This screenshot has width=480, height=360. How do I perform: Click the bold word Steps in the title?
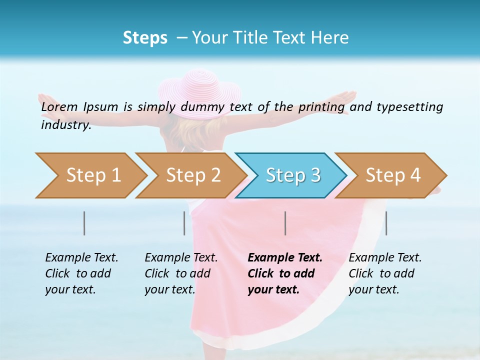click(145, 38)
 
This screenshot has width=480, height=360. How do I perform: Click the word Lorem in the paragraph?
click(59, 106)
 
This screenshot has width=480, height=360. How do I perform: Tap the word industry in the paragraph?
click(65, 125)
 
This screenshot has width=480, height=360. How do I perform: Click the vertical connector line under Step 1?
click(84, 223)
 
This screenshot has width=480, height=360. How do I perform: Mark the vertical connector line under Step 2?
click(184, 223)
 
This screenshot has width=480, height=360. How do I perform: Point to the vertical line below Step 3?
click(285, 223)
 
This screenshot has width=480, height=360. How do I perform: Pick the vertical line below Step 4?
click(386, 223)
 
